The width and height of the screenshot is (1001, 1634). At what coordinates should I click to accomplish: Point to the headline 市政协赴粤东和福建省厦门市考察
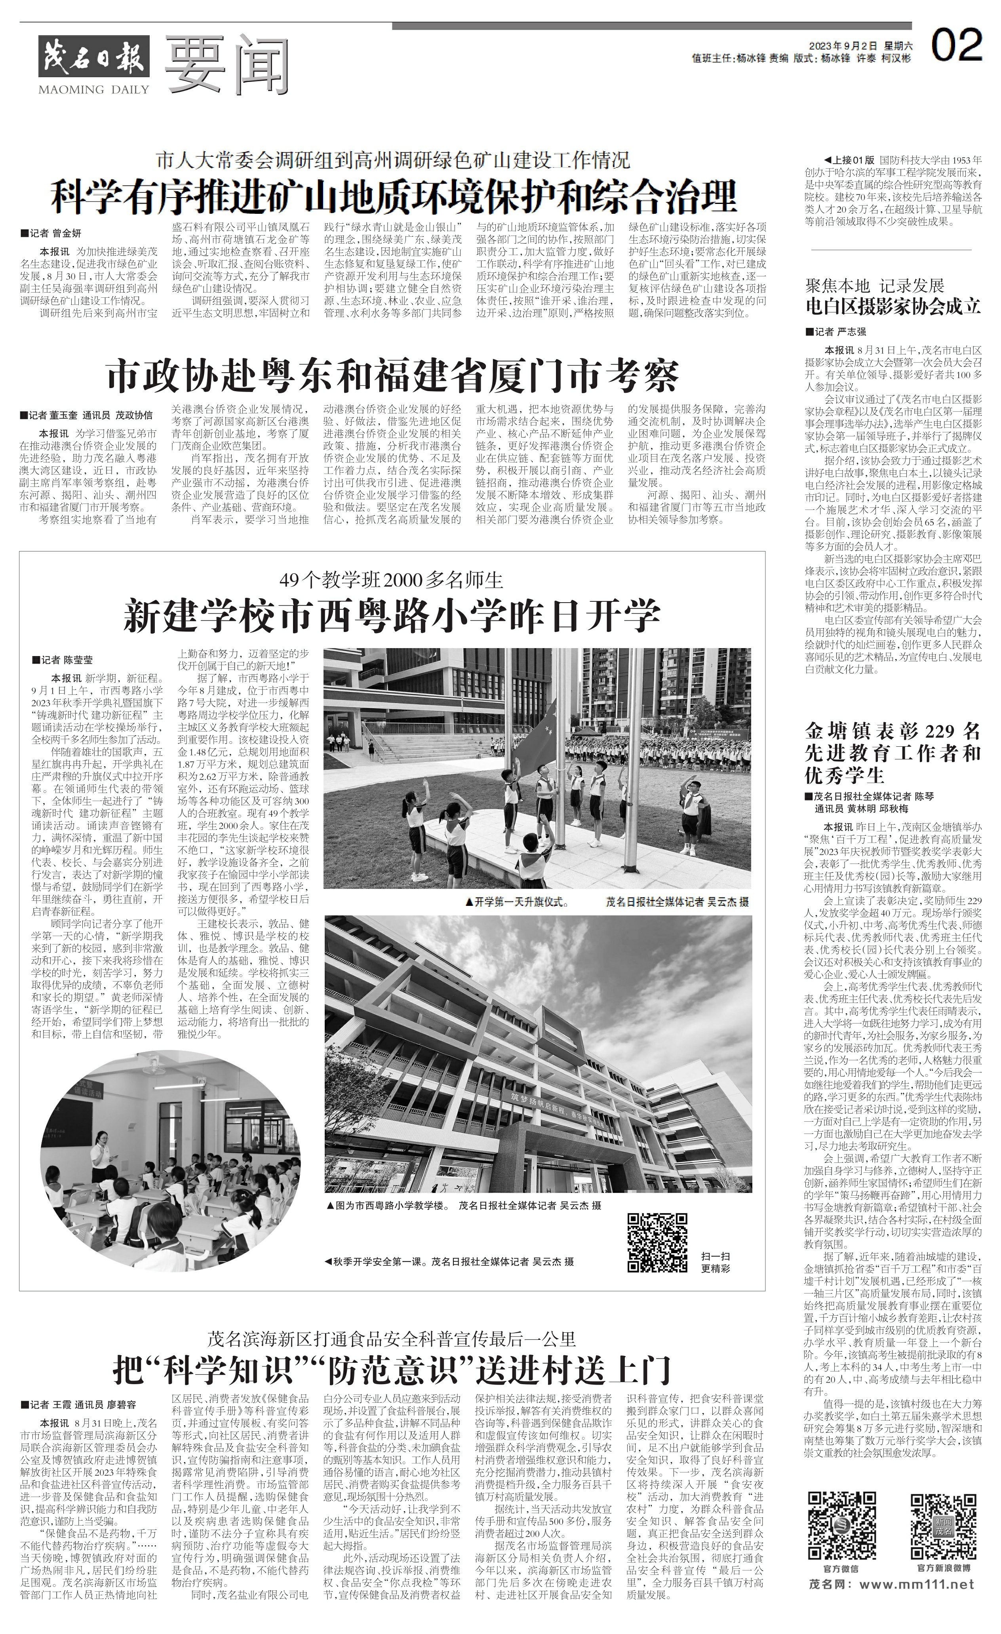click(393, 375)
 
